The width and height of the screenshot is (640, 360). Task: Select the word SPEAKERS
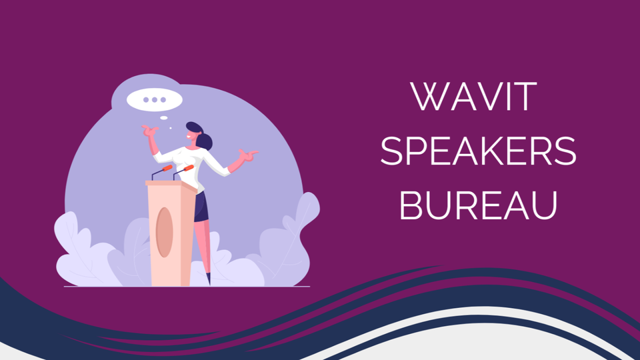tap(478, 151)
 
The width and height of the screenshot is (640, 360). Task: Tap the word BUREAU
tap(478, 205)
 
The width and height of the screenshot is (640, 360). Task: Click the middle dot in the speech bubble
tap(154, 99)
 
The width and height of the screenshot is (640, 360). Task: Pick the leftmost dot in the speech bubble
tap(146, 99)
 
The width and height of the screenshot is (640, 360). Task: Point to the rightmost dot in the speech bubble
tap(163, 99)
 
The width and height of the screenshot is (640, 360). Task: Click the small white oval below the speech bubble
tap(164, 118)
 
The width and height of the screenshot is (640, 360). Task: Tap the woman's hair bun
tap(204, 141)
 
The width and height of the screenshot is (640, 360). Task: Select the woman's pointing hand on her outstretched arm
tap(248, 155)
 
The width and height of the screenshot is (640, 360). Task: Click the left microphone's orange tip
tap(167, 168)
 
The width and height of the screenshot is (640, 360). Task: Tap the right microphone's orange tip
tap(189, 167)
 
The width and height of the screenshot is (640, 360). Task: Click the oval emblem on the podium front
tap(164, 232)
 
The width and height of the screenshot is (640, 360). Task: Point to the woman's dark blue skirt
tap(201, 207)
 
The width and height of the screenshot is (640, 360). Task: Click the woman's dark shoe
tap(209, 279)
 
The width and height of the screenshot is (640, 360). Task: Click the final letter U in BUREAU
tap(545, 206)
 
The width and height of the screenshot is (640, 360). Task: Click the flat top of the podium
tap(171, 184)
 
